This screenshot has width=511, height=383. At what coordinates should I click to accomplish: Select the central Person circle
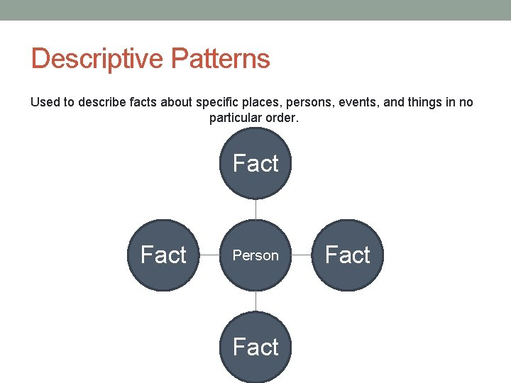pos(255,255)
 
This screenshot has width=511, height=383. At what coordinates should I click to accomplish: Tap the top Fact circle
pos(255,164)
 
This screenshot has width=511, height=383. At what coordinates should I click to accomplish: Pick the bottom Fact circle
pos(255,348)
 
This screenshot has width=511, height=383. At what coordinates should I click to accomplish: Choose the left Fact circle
pos(163,255)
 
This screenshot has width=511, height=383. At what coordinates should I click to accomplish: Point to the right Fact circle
pos(348,255)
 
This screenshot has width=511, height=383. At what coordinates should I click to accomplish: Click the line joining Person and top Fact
pos(255,209)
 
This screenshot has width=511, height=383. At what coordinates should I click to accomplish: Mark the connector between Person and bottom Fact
pos(255,301)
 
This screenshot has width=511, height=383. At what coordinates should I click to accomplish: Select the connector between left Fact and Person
pos(209,255)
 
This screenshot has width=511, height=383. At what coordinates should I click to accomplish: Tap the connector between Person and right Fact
pos(302,255)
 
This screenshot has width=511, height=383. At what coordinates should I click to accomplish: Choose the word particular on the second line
pos(236,118)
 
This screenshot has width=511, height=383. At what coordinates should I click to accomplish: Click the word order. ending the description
pos(282,118)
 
